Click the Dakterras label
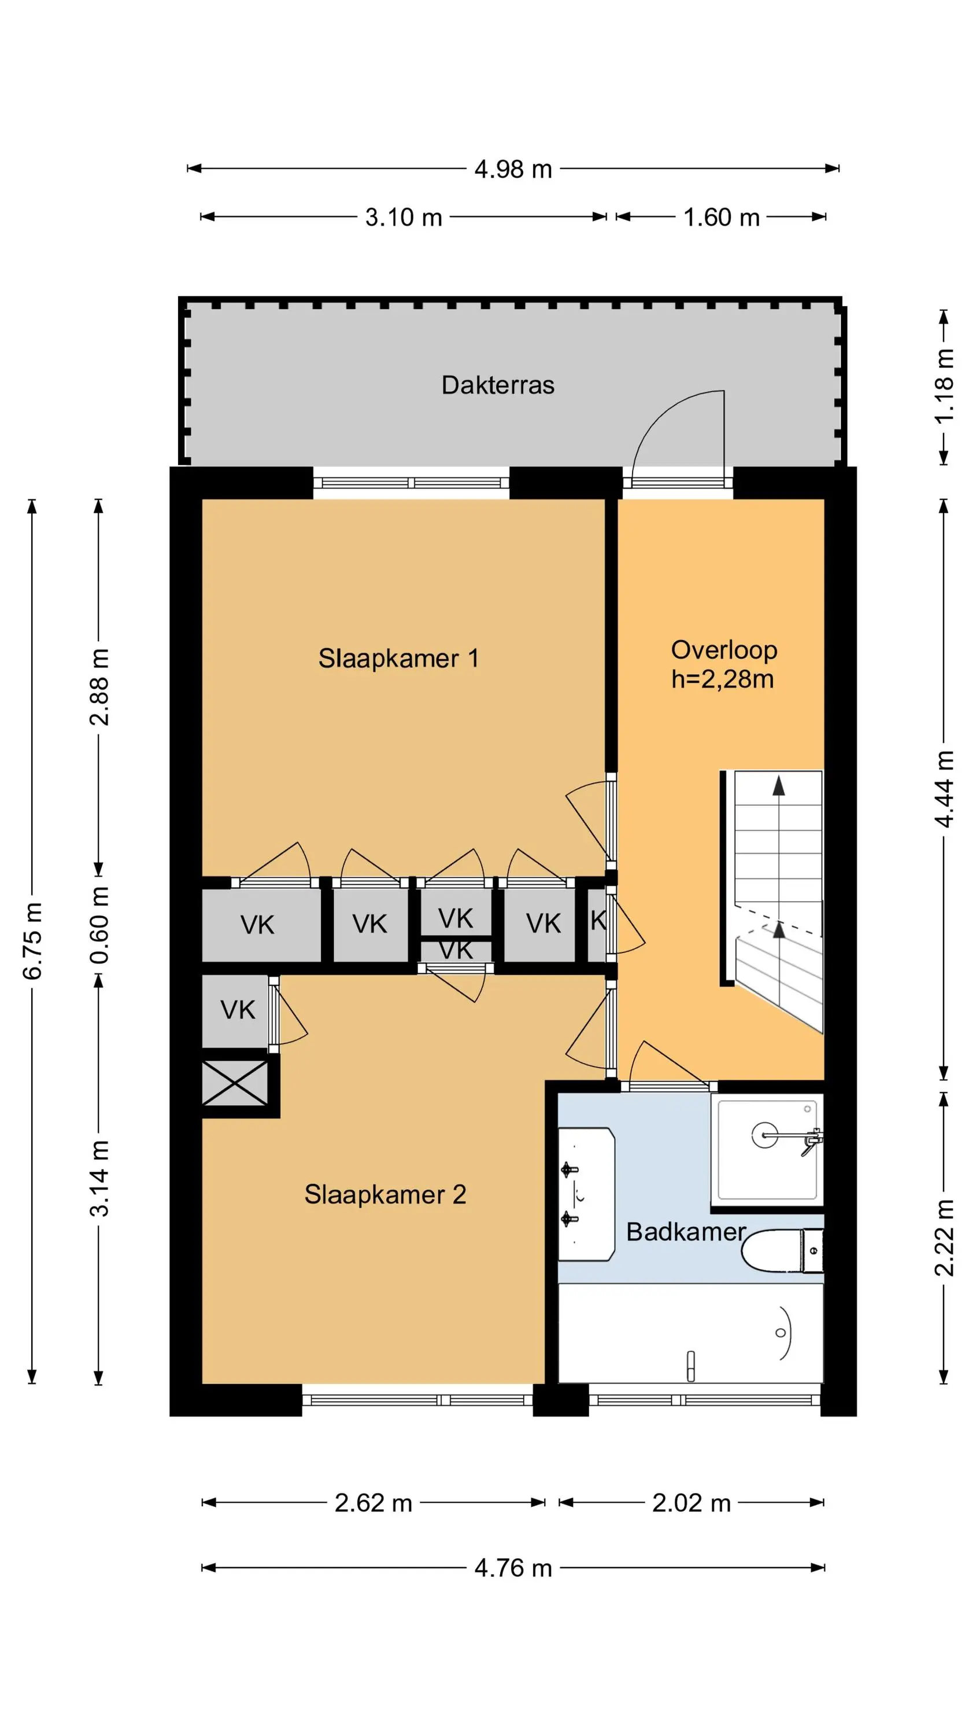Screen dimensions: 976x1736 point(498,385)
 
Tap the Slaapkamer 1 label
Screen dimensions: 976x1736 point(398,659)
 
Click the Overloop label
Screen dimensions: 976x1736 point(724,650)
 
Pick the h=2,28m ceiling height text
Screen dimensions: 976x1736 point(722,679)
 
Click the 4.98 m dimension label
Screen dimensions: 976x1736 point(513,169)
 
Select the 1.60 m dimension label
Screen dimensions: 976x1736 point(722,218)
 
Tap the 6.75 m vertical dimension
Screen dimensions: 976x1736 point(32,941)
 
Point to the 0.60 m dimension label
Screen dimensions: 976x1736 point(99,925)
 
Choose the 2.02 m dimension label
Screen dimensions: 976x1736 point(691,1503)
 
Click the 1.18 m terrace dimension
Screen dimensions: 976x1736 point(944,386)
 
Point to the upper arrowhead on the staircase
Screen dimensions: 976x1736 point(779,785)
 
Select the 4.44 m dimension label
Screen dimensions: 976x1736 point(944,789)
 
